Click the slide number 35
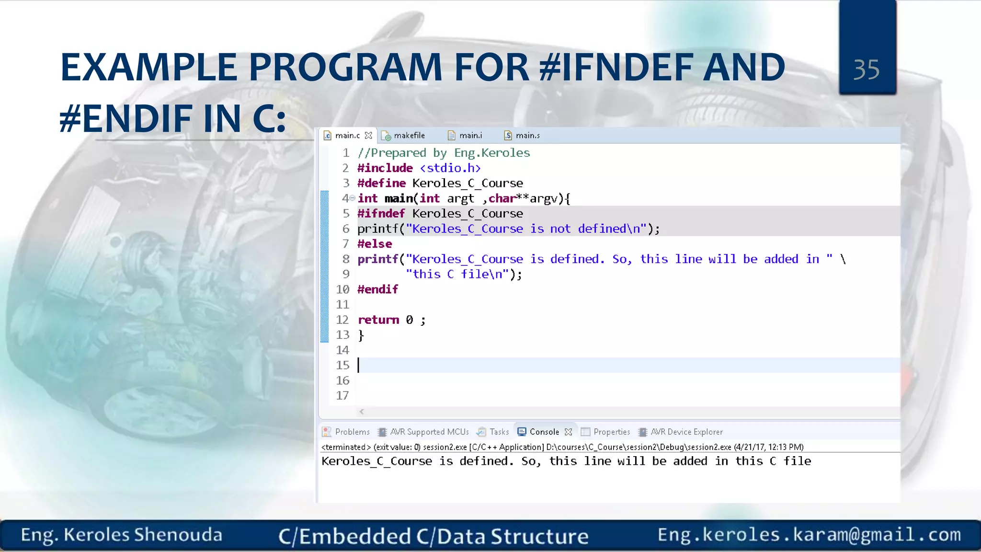pyautogui.click(x=867, y=70)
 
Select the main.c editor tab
pyautogui.click(x=347, y=136)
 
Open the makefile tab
pyautogui.click(x=409, y=136)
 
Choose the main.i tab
pyautogui.click(x=470, y=136)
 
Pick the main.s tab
pyautogui.click(x=527, y=136)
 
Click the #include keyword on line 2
pyautogui.click(x=385, y=168)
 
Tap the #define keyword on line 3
pyautogui.click(x=381, y=183)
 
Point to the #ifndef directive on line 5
pyautogui.click(x=381, y=214)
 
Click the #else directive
pyautogui.click(x=375, y=244)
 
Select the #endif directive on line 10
pyautogui.click(x=377, y=289)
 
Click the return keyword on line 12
pyautogui.click(x=378, y=320)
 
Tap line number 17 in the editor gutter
pyautogui.click(x=342, y=396)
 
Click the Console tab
pyautogui.click(x=544, y=432)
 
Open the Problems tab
pyautogui.click(x=352, y=432)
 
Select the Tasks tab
pyautogui.click(x=499, y=432)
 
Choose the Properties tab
pyautogui.click(x=611, y=432)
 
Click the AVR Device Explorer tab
pyautogui.click(x=686, y=432)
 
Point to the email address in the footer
pyautogui.click(x=809, y=535)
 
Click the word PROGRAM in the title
pyautogui.click(x=345, y=68)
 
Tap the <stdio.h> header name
pyautogui.click(x=450, y=168)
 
